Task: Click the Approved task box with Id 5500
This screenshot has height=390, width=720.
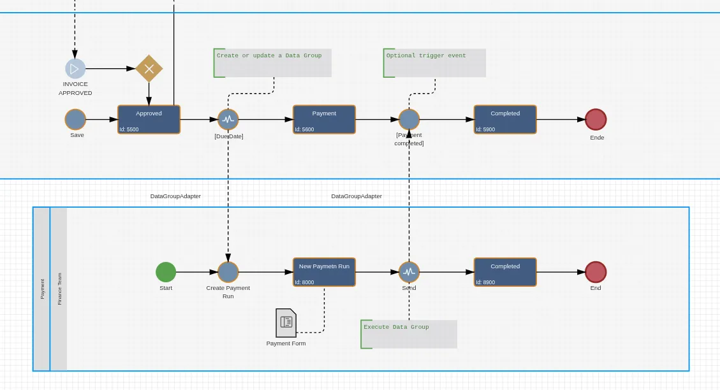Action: (x=149, y=119)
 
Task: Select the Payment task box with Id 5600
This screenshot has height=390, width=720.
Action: (x=324, y=119)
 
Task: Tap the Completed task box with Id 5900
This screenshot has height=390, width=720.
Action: (x=505, y=119)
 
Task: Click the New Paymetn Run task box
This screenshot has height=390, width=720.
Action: (x=324, y=272)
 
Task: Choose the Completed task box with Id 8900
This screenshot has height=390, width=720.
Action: (x=505, y=272)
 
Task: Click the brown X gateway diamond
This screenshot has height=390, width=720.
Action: (x=149, y=69)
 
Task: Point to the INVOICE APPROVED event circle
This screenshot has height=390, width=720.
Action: (x=75, y=69)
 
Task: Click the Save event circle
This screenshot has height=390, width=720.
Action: (x=75, y=119)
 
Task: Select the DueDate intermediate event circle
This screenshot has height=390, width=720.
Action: (x=228, y=119)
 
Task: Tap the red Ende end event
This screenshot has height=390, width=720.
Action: (x=596, y=119)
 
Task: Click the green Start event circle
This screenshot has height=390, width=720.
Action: (x=166, y=272)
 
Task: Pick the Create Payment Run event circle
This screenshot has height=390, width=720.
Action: (x=228, y=272)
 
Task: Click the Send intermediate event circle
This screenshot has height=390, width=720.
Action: (x=409, y=272)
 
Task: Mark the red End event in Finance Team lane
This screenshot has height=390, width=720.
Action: (x=596, y=272)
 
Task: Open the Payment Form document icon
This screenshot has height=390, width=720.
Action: (x=286, y=323)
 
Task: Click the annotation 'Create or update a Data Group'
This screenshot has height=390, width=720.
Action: (x=272, y=63)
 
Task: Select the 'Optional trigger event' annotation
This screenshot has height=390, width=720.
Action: (x=434, y=63)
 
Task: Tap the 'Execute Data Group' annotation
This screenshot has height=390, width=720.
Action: (x=409, y=334)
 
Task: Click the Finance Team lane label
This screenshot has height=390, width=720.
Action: (x=59, y=289)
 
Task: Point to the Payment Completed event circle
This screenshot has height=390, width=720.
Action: (x=409, y=119)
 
